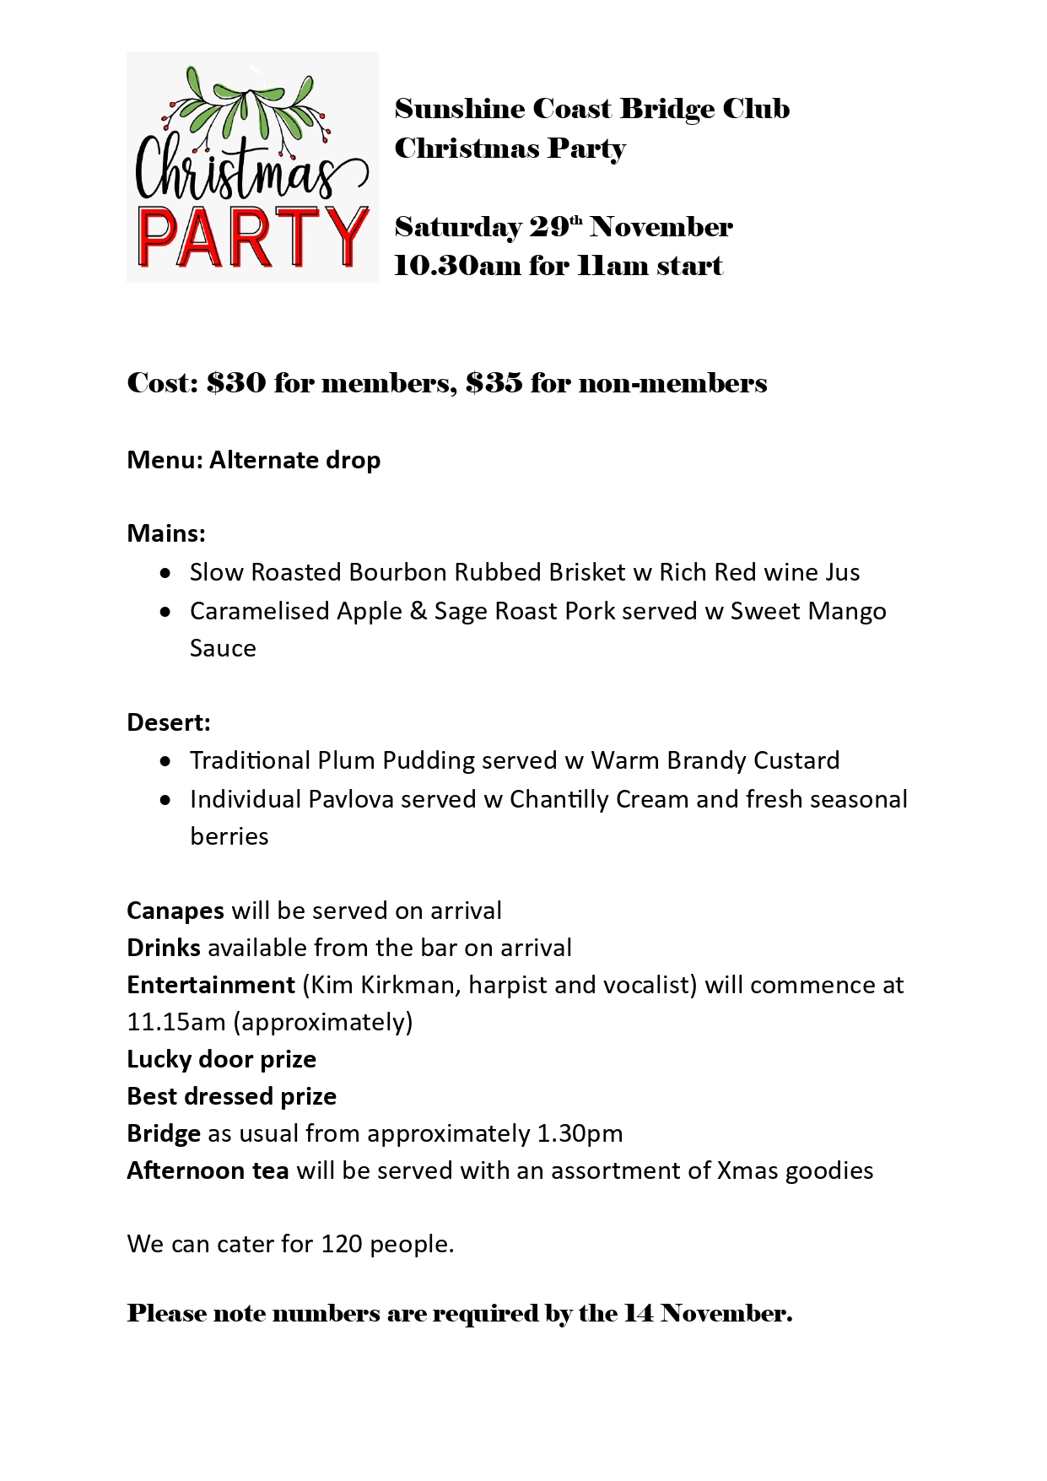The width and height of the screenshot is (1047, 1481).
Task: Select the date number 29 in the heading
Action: pyautogui.click(x=549, y=227)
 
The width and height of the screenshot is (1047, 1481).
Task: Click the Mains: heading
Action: pyautogui.click(x=166, y=533)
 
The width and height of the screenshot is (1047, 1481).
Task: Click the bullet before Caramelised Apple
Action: pyautogui.click(x=166, y=611)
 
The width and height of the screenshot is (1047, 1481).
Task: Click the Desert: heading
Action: pyautogui.click(x=169, y=722)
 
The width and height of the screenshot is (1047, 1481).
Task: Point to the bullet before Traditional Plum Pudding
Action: pyautogui.click(x=166, y=761)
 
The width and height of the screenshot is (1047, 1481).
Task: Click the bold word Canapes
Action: pyautogui.click(x=175, y=911)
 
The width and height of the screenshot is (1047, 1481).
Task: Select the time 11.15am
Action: pyautogui.click(x=176, y=1022)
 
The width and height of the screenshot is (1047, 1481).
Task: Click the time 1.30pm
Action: pyautogui.click(x=580, y=1133)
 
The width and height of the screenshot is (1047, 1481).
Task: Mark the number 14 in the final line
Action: pyautogui.click(x=638, y=1314)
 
